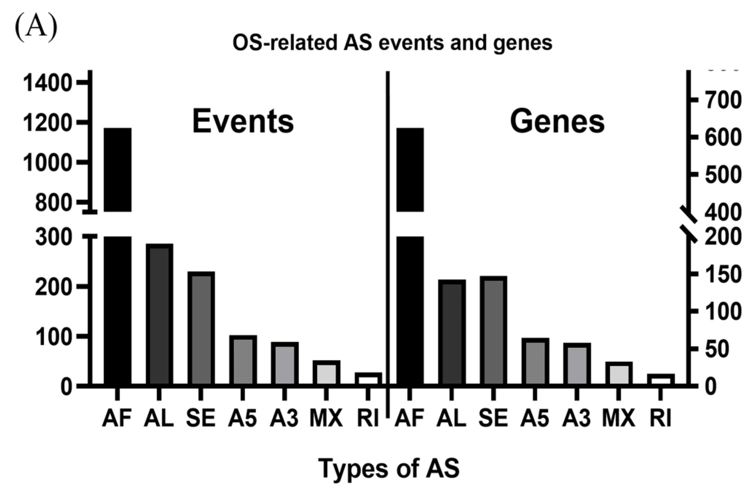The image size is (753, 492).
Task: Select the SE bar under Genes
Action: [493, 331]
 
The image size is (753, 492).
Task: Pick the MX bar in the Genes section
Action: [619, 374]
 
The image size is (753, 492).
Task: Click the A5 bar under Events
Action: [243, 360]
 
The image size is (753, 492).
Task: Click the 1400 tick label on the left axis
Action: [48, 83]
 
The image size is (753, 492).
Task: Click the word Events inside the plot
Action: [243, 122]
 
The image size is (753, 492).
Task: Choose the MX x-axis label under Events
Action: [326, 418]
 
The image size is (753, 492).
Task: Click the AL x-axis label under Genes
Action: [452, 418]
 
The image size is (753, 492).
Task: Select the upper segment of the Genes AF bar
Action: [410, 169]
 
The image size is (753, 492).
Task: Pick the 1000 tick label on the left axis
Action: [48, 163]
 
